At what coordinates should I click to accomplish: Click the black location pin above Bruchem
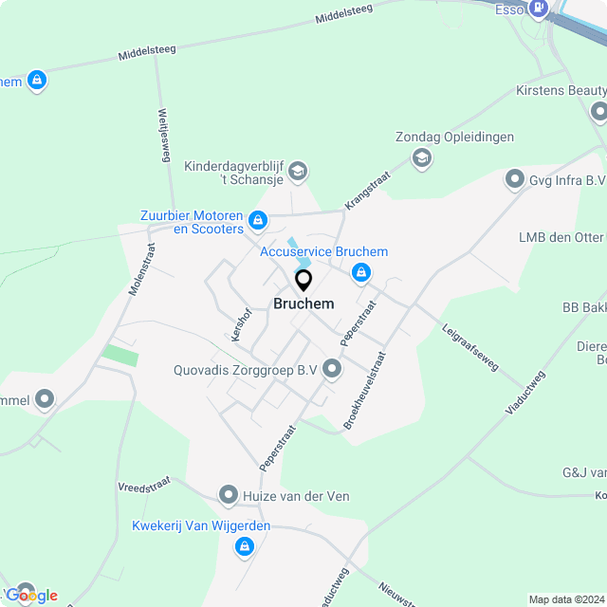pos(303,281)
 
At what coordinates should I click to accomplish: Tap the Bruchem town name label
pos(303,304)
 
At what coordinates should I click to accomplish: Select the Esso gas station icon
pos(539,9)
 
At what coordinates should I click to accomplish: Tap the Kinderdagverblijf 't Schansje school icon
pos(298,171)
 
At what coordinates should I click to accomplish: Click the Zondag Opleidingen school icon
pos(422,158)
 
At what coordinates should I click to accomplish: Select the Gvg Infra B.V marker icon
pos(515,178)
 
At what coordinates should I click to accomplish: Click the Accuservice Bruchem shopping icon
pos(360,273)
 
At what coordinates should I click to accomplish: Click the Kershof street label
pos(240,324)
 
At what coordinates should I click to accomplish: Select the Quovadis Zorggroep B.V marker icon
pos(332,369)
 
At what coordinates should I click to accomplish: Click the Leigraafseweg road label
pos(469,348)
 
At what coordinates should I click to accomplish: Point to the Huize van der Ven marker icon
pos(229,494)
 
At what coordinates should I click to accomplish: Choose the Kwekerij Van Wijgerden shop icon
pos(246,546)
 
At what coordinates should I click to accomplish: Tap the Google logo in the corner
pos(32,595)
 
